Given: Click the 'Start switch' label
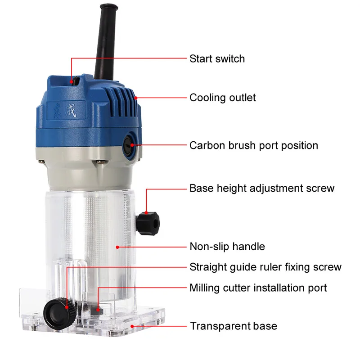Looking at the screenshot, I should (217, 58).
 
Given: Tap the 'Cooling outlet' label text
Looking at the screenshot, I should (222, 98).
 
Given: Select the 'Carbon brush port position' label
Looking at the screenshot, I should (253, 145).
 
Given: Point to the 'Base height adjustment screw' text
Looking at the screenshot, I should (261, 188).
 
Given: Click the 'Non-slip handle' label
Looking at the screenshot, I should (227, 246).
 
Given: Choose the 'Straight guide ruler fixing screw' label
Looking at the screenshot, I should (265, 267).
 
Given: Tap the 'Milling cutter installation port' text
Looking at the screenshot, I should (258, 288).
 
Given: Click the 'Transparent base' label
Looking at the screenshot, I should (233, 326).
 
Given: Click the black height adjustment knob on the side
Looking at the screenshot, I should (149, 220).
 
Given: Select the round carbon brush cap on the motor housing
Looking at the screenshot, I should (130, 145).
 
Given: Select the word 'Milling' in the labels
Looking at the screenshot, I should (204, 288).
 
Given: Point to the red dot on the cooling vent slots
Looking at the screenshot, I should (136, 98).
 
